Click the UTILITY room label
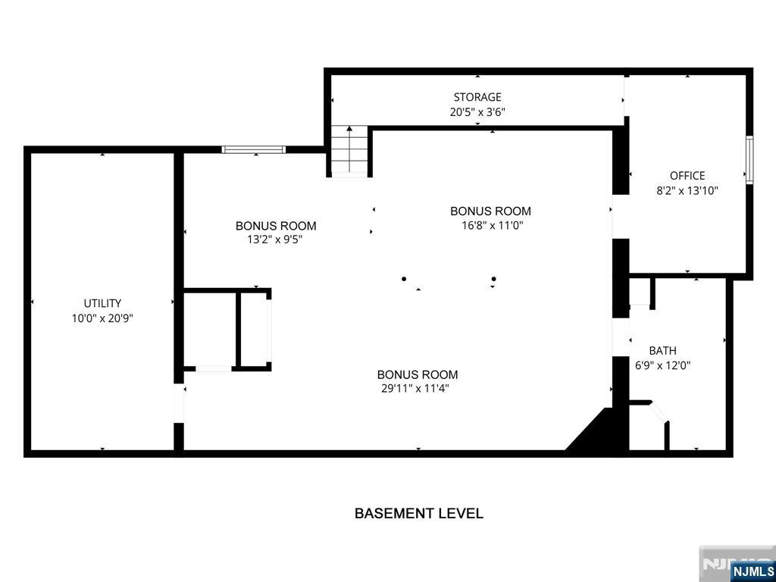pos(102,303)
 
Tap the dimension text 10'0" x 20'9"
pos(102,318)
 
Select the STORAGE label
pos(477,97)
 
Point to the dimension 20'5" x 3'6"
pos(477,112)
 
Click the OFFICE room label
pos(687,176)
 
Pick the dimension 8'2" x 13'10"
pos(687,190)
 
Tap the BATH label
pos(662,351)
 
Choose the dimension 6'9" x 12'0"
pos(662,366)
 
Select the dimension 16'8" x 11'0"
pos(490,226)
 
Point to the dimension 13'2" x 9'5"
pos(276,240)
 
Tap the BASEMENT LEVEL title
pos(418,513)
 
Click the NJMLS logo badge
pos(749,571)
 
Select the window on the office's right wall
pos(749,161)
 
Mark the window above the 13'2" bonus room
pos(254,149)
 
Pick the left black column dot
pos(404,279)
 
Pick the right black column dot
pos(493,279)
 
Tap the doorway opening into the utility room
pos(179,403)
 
